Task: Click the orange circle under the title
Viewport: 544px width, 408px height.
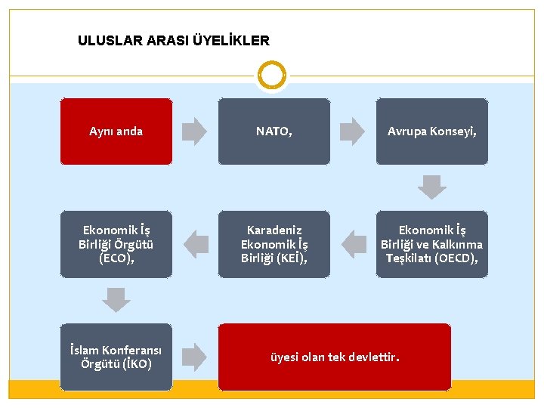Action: pos(272,76)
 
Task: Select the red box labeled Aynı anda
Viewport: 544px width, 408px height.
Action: pos(116,131)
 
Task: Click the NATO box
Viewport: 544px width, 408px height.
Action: pos(274,131)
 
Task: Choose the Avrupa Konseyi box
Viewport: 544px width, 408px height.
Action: pos(432,131)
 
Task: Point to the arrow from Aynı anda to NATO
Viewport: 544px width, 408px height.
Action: pos(195,131)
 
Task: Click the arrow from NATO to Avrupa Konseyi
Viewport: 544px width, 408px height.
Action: pos(352,131)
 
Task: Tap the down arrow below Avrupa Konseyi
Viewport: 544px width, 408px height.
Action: pos(432,187)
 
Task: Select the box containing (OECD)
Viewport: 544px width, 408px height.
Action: pos(432,244)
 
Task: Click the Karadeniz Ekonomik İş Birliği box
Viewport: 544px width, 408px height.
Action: pos(274,244)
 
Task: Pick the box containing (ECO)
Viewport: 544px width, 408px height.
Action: pos(116,244)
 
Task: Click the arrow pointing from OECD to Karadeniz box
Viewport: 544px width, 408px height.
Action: pos(353,244)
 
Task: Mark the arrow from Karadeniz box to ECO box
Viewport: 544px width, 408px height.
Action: pos(196,244)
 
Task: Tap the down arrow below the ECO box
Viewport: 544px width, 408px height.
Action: pos(116,300)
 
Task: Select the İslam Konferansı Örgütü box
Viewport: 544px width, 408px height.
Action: pos(116,357)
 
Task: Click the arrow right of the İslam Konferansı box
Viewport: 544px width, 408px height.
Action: pos(195,357)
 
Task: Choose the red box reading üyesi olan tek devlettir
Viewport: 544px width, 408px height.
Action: pos(335,357)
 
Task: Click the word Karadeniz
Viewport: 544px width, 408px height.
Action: pos(274,230)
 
